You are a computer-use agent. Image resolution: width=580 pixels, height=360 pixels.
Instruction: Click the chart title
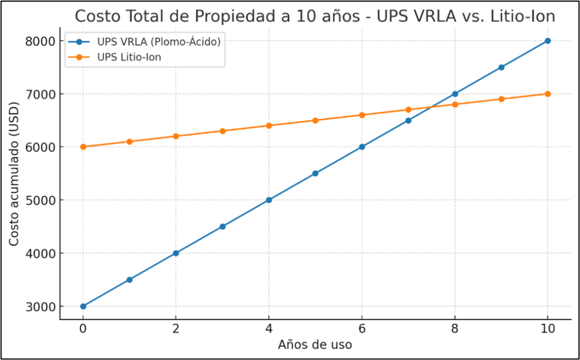[x=315, y=16]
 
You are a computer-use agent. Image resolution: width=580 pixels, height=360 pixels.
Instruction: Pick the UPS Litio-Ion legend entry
[x=134, y=57]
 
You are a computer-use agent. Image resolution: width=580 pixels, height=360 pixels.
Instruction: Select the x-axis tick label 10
[x=548, y=329]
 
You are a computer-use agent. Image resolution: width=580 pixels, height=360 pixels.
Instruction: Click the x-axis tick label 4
[x=269, y=329]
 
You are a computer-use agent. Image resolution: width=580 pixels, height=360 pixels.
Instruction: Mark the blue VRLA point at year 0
[x=83, y=306]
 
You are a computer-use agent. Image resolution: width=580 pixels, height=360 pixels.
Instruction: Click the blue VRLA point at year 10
[x=548, y=41]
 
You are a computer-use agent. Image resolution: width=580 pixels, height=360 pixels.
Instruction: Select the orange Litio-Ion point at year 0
[x=83, y=147]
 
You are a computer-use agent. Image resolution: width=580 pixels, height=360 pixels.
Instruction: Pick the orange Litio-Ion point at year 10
[x=548, y=94]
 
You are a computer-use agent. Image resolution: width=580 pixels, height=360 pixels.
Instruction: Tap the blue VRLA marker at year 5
[x=315, y=173]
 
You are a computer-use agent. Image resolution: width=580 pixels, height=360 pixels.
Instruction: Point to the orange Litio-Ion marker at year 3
[x=223, y=131]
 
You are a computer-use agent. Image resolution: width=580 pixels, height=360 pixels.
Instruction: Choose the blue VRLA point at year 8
[x=455, y=94]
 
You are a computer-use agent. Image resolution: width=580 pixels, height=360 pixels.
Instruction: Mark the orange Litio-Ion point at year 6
[x=362, y=115]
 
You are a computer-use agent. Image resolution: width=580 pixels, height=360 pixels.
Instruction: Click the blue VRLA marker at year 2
[x=176, y=253]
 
